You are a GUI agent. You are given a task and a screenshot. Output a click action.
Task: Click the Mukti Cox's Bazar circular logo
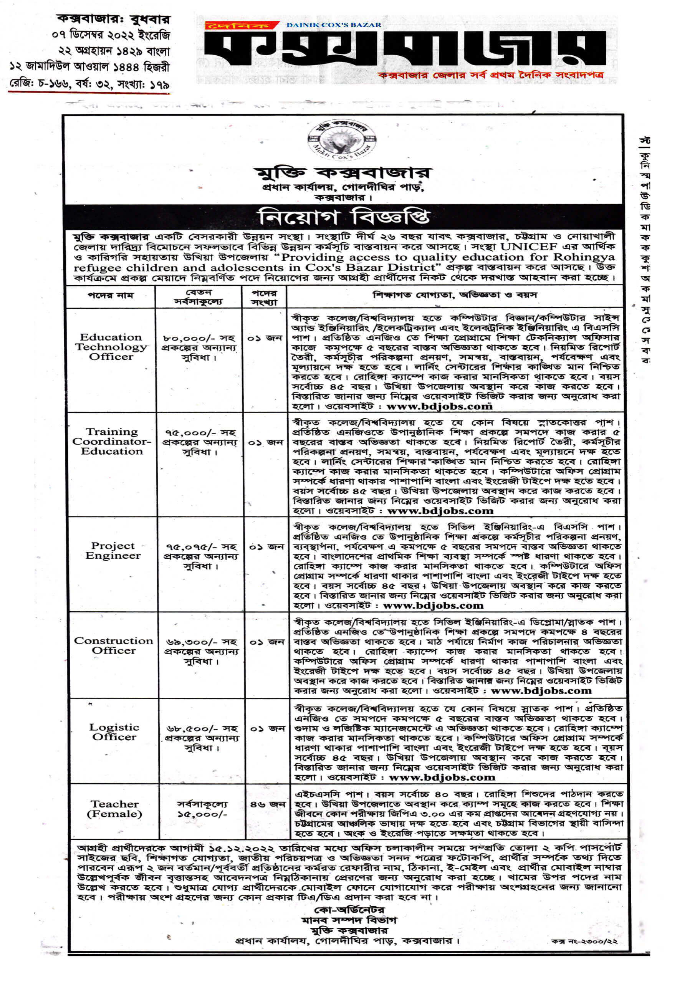point(343,141)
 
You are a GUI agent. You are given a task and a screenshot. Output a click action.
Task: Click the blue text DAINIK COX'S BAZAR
point(334,25)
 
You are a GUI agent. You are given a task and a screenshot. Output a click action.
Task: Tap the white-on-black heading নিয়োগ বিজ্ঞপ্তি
point(343,217)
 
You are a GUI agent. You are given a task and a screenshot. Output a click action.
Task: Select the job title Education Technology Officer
point(111,347)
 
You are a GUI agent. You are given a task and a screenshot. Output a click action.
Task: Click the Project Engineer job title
point(113,551)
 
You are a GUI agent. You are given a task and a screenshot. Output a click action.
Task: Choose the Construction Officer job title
point(114,645)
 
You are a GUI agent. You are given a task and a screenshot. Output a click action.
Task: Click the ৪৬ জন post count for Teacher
point(267,804)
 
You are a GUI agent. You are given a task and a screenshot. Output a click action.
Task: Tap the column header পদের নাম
point(111,295)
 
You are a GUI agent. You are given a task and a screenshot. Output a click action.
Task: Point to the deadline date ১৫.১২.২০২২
point(242,848)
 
